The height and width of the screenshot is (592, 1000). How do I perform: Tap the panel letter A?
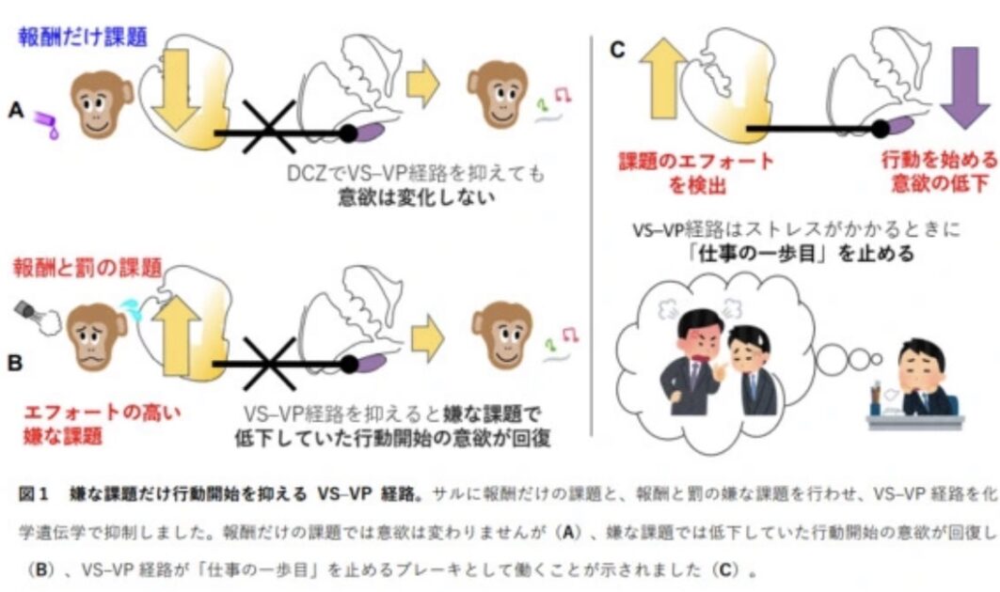[15, 110]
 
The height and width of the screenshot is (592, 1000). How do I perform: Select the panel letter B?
[15, 362]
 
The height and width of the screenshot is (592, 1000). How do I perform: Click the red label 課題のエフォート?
[696, 161]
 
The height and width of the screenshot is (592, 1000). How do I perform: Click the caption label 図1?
[33, 493]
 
